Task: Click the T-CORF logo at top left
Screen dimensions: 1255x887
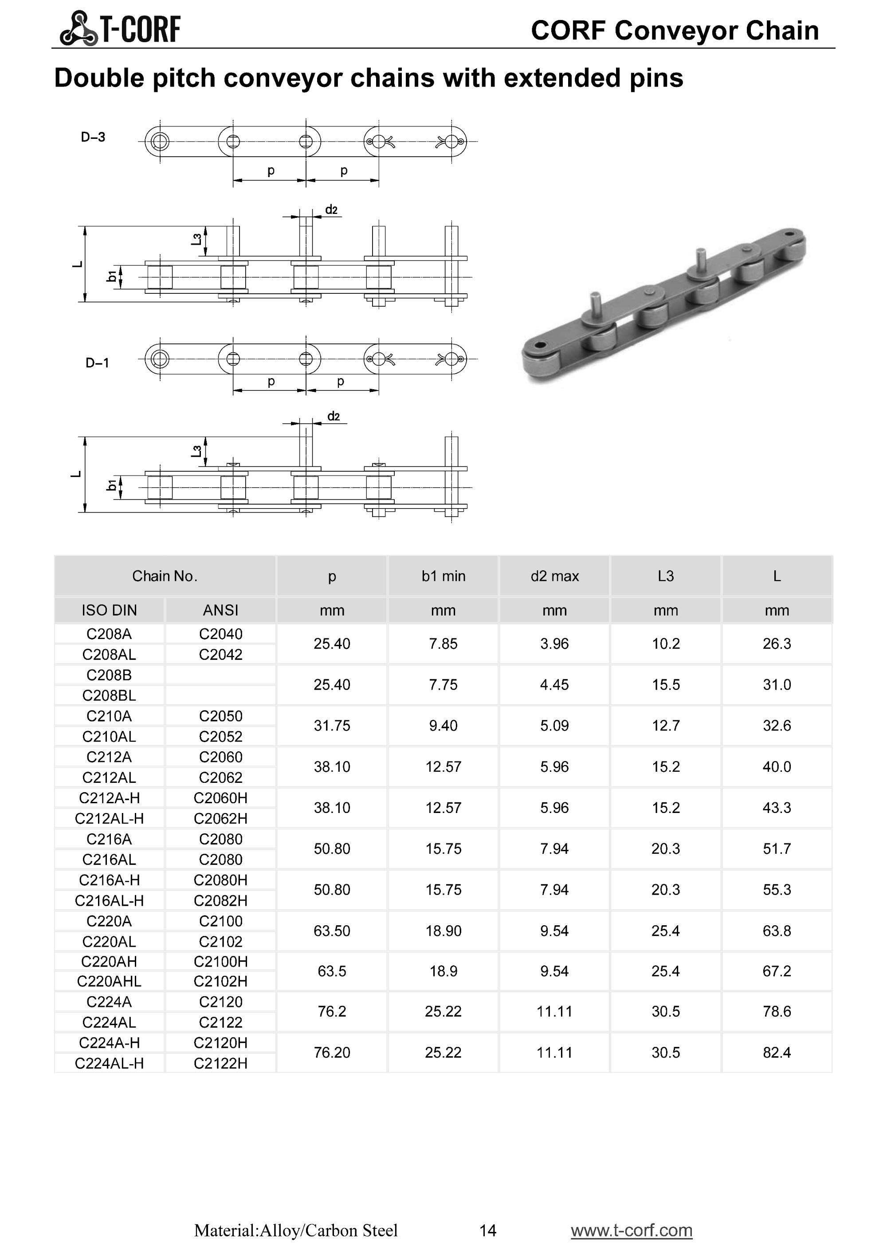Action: (120, 28)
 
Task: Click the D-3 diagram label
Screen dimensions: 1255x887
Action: (93, 137)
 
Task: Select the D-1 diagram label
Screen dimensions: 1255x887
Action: (97, 363)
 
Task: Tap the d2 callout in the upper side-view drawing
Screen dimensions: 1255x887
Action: (332, 210)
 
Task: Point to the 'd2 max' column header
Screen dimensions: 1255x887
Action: (554, 576)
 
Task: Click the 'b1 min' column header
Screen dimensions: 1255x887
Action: (443, 576)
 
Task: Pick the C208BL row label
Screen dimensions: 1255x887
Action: (109, 695)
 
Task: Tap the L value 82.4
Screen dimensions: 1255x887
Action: (777, 1052)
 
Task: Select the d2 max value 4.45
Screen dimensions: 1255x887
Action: (554, 684)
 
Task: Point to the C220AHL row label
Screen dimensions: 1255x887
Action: (109, 981)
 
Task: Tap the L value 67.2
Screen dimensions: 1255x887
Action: (777, 971)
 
